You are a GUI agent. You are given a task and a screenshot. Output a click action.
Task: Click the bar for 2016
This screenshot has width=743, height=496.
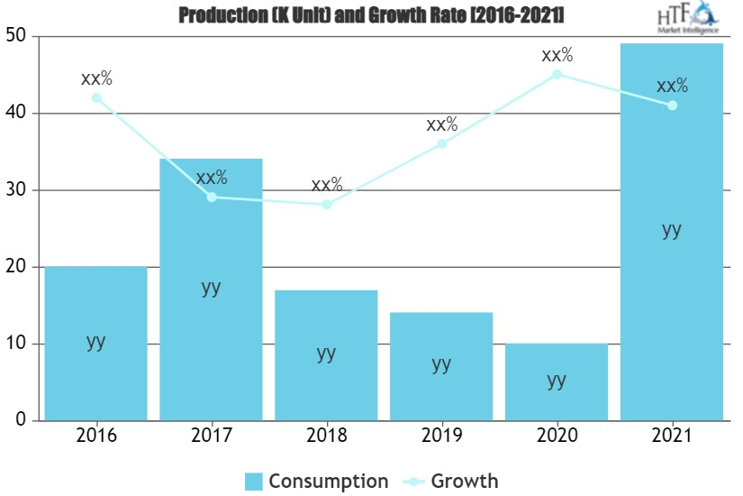click(95, 344)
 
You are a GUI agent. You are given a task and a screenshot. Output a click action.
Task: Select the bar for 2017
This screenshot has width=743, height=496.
click(211, 289)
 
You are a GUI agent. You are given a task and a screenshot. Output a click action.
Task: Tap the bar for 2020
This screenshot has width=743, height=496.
click(557, 382)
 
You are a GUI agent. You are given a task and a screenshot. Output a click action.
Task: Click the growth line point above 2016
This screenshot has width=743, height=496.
click(96, 97)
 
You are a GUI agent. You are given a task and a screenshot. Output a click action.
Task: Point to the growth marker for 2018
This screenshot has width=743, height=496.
click(327, 205)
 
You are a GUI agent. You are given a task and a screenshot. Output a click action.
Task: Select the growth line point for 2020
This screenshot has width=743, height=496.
click(557, 74)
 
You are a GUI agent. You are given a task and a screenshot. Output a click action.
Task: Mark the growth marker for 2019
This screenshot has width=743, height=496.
click(441, 143)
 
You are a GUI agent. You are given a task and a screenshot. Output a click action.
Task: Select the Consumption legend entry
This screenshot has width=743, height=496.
click(316, 481)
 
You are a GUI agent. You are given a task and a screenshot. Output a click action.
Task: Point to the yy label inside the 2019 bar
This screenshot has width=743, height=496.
click(441, 363)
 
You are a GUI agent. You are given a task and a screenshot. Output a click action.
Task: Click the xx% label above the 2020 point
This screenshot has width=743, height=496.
click(557, 54)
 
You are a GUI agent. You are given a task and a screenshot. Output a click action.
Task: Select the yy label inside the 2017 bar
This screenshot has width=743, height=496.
click(211, 288)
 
